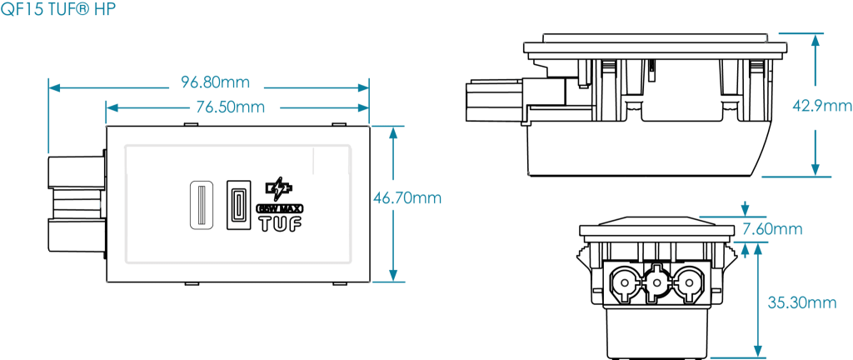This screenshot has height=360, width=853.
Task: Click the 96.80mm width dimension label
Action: (215, 83)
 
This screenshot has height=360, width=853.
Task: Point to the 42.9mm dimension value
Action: (821, 106)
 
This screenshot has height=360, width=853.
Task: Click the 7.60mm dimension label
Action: (774, 229)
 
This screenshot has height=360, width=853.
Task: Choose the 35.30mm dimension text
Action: (801, 303)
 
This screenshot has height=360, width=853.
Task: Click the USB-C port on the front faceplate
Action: (237, 206)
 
